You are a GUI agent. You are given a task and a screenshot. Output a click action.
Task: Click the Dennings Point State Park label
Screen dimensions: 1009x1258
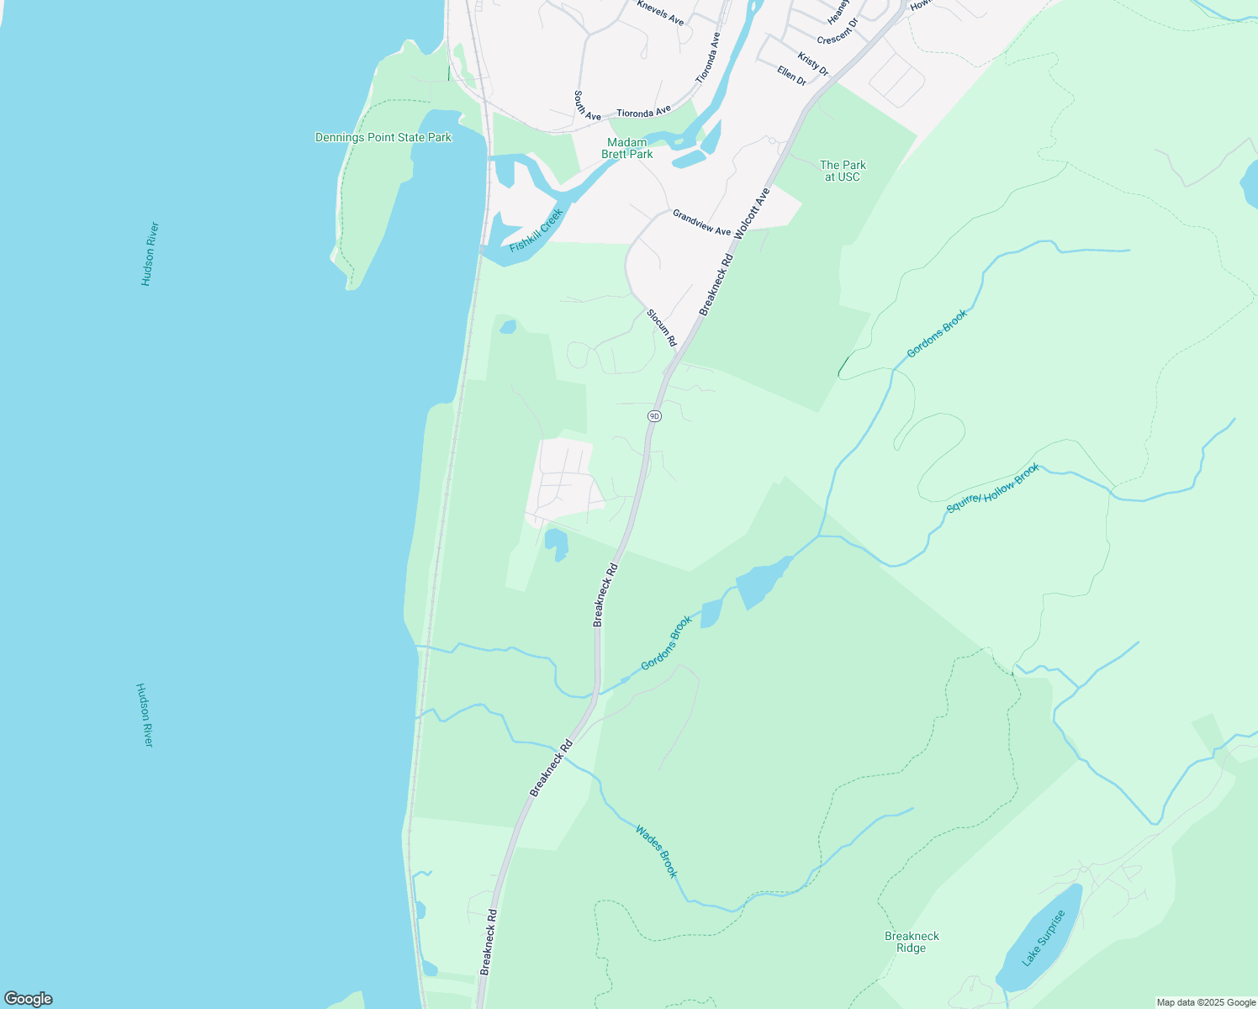383,137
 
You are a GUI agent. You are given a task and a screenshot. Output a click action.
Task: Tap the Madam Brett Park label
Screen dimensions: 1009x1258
627,148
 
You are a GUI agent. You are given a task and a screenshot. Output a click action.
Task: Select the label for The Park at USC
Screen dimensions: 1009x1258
843,171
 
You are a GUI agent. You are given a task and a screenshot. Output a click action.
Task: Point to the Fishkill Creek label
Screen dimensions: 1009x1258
536,230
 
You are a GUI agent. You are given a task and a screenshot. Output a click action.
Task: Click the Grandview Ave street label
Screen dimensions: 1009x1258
701,223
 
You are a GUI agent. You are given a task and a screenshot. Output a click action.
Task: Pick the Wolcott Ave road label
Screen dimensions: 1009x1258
753,214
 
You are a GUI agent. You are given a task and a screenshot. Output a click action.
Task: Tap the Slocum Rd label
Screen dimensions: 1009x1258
662,327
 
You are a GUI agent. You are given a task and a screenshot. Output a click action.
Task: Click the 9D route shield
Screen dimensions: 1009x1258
654,416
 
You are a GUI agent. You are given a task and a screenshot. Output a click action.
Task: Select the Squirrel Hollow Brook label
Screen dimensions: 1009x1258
993,489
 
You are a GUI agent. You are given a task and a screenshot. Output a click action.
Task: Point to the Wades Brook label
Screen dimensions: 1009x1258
656,851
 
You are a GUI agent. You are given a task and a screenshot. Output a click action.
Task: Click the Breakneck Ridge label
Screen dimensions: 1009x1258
912,942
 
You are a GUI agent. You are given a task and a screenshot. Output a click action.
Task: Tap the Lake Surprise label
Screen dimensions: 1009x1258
1044,938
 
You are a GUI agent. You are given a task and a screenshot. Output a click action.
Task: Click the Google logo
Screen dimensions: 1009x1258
28,999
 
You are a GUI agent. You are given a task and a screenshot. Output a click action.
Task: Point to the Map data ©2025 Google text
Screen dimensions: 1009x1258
1206,1002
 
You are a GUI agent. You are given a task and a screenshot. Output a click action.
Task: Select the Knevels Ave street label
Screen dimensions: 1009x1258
660,13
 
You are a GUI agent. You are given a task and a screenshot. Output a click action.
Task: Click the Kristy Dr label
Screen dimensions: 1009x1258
813,64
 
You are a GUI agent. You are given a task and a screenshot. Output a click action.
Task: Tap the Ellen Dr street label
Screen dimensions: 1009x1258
791,76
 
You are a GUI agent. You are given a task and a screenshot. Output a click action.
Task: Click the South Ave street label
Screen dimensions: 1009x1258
587,105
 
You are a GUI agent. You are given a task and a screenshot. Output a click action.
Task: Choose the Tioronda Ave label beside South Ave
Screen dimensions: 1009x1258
643,111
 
